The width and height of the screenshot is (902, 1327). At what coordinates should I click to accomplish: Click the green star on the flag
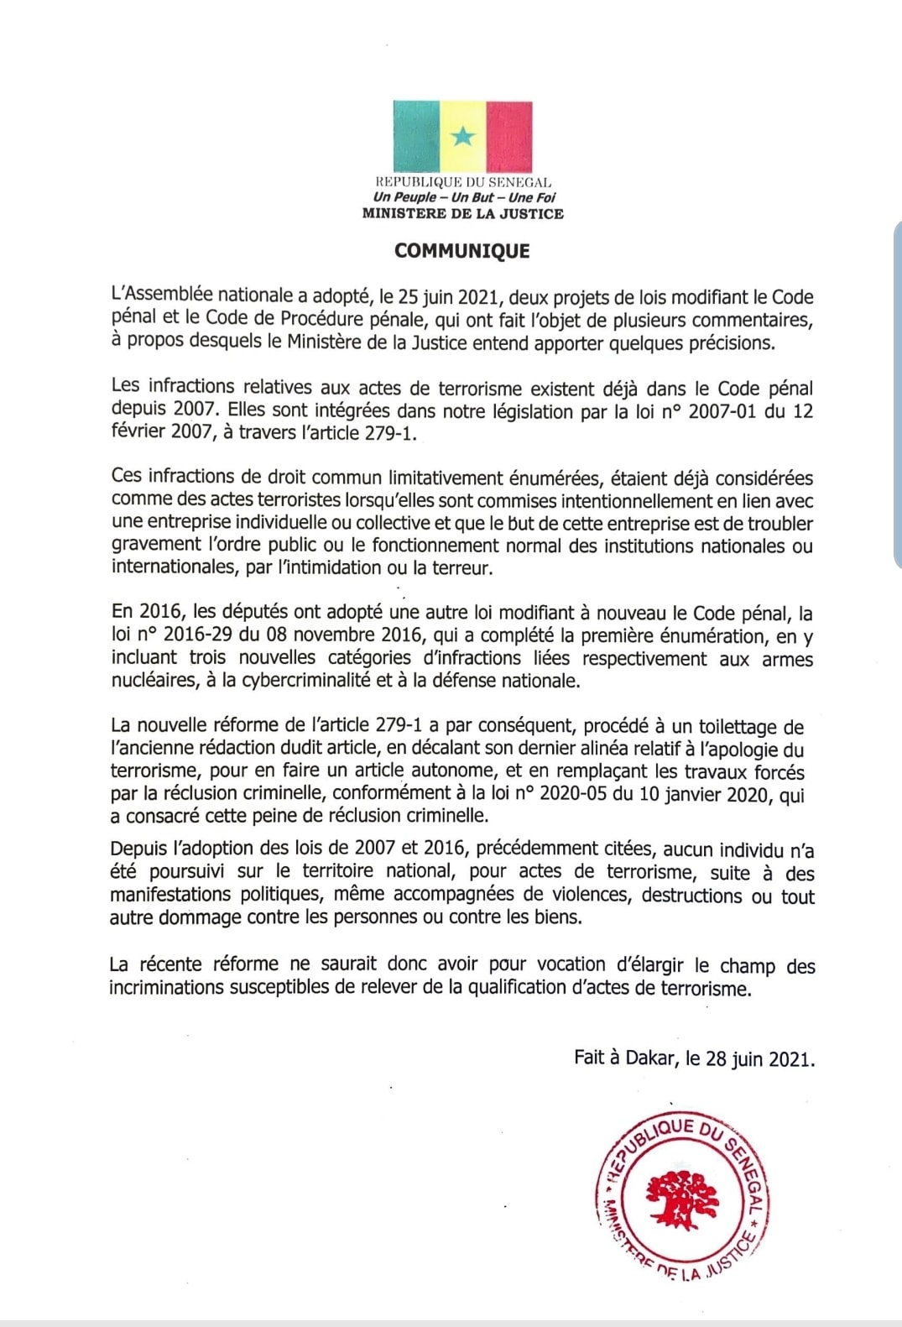pyautogui.click(x=462, y=136)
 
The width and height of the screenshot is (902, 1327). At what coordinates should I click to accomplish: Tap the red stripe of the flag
pyautogui.click(x=509, y=136)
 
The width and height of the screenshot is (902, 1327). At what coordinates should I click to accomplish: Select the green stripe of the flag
pyautogui.click(x=416, y=136)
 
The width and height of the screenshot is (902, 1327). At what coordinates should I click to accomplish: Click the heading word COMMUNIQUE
pyautogui.click(x=462, y=251)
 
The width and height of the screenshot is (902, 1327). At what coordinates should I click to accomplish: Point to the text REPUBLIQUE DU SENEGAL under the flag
pyautogui.click(x=462, y=182)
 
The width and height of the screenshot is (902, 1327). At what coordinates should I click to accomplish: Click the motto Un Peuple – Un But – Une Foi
pyautogui.click(x=464, y=197)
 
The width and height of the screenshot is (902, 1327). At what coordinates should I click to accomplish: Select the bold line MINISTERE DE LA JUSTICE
pyautogui.click(x=462, y=214)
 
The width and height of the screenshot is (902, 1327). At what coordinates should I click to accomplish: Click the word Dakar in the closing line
pyautogui.click(x=649, y=1058)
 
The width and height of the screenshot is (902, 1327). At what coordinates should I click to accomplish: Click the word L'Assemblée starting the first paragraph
pyautogui.click(x=161, y=295)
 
